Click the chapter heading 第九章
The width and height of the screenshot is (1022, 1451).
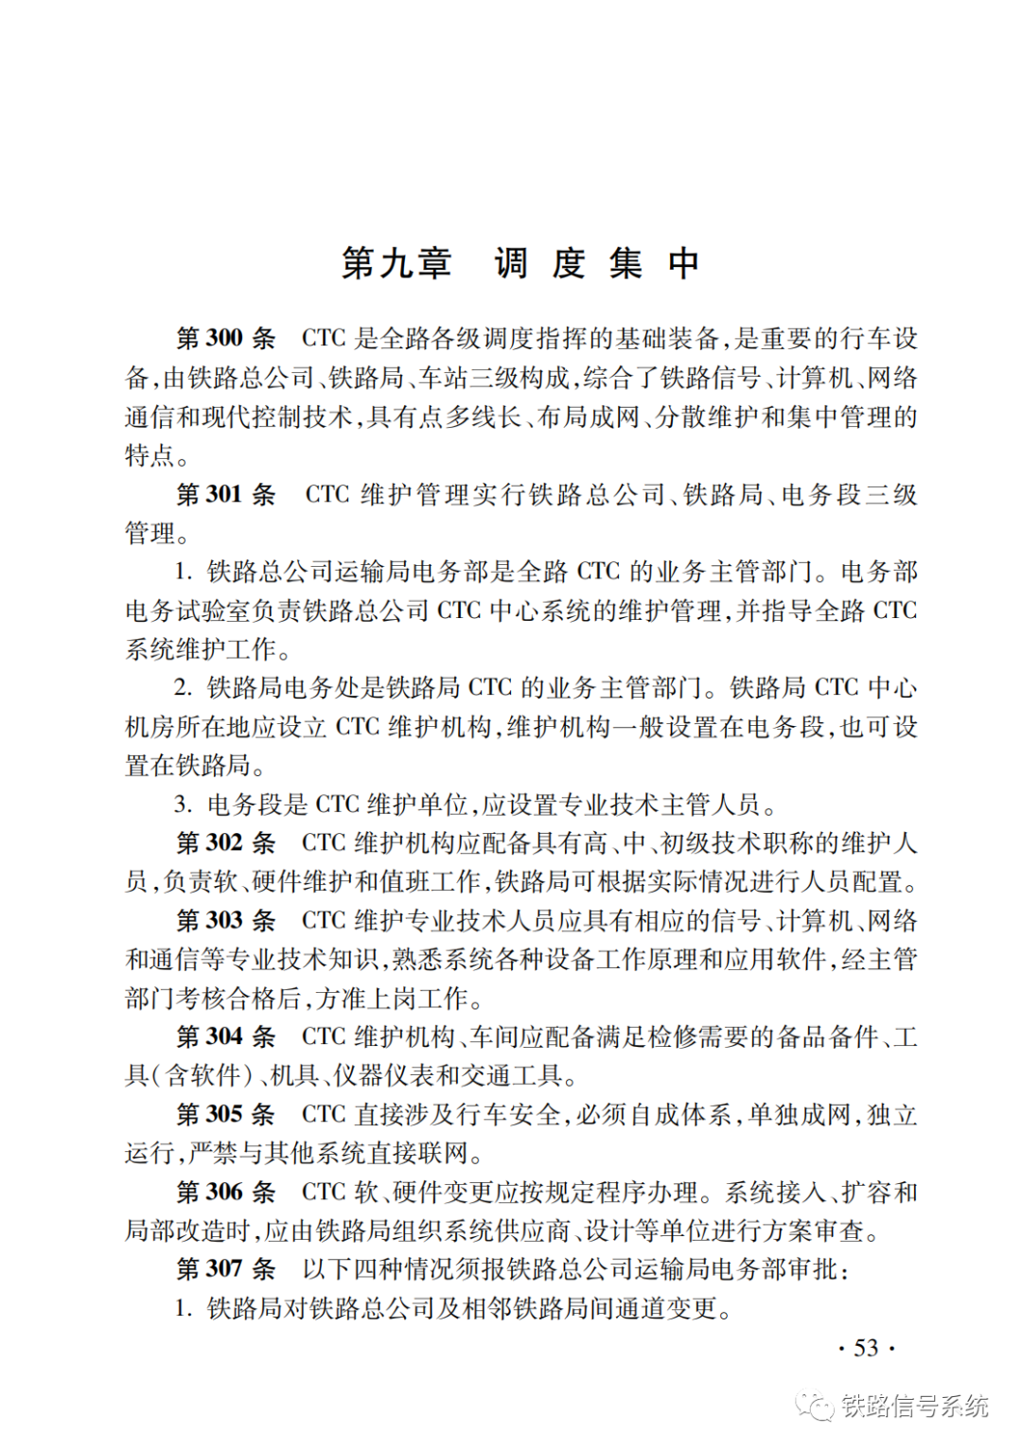tap(396, 263)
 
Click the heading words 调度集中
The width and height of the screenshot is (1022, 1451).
tap(596, 263)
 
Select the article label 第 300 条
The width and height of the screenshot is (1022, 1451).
tap(226, 339)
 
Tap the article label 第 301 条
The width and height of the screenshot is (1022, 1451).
tap(226, 494)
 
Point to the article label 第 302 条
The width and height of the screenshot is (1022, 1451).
tap(226, 842)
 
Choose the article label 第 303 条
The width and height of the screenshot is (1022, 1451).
tap(226, 920)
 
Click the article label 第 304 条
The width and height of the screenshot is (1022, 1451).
tap(226, 1036)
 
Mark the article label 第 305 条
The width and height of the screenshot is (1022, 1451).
tap(226, 1114)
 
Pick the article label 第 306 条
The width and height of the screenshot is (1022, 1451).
tap(226, 1192)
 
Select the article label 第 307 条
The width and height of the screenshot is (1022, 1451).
tap(226, 1268)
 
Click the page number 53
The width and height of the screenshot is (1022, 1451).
tap(866, 1347)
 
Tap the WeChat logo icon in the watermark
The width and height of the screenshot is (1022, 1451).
tap(815, 1405)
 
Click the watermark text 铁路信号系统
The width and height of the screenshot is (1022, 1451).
tap(914, 1407)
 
